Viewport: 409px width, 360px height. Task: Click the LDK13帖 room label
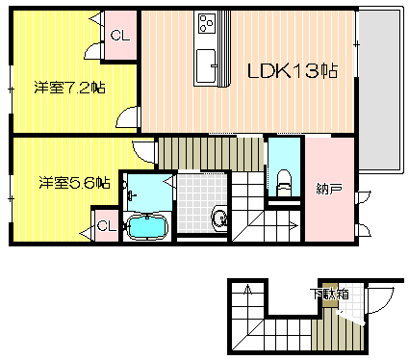click(293, 71)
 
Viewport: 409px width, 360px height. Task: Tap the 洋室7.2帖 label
click(69, 88)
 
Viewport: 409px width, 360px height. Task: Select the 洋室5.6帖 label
click(74, 183)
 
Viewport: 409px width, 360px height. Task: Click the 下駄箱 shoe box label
click(329, 294)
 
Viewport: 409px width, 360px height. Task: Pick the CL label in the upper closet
click(120, 35)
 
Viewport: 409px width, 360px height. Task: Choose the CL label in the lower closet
click(106, 226)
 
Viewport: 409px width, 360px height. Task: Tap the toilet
click(283, 183)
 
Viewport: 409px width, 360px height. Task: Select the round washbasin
click(220, 219)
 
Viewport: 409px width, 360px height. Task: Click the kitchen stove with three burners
click(206, 23)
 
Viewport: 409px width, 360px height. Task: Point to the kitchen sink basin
click(205, 65)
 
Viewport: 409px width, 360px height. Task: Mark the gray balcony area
click(378, 90)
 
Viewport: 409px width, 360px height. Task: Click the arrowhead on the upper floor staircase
click(294, 226)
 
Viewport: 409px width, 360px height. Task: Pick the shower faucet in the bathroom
click(131, 195)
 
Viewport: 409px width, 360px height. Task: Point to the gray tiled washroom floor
click(201, 203)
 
